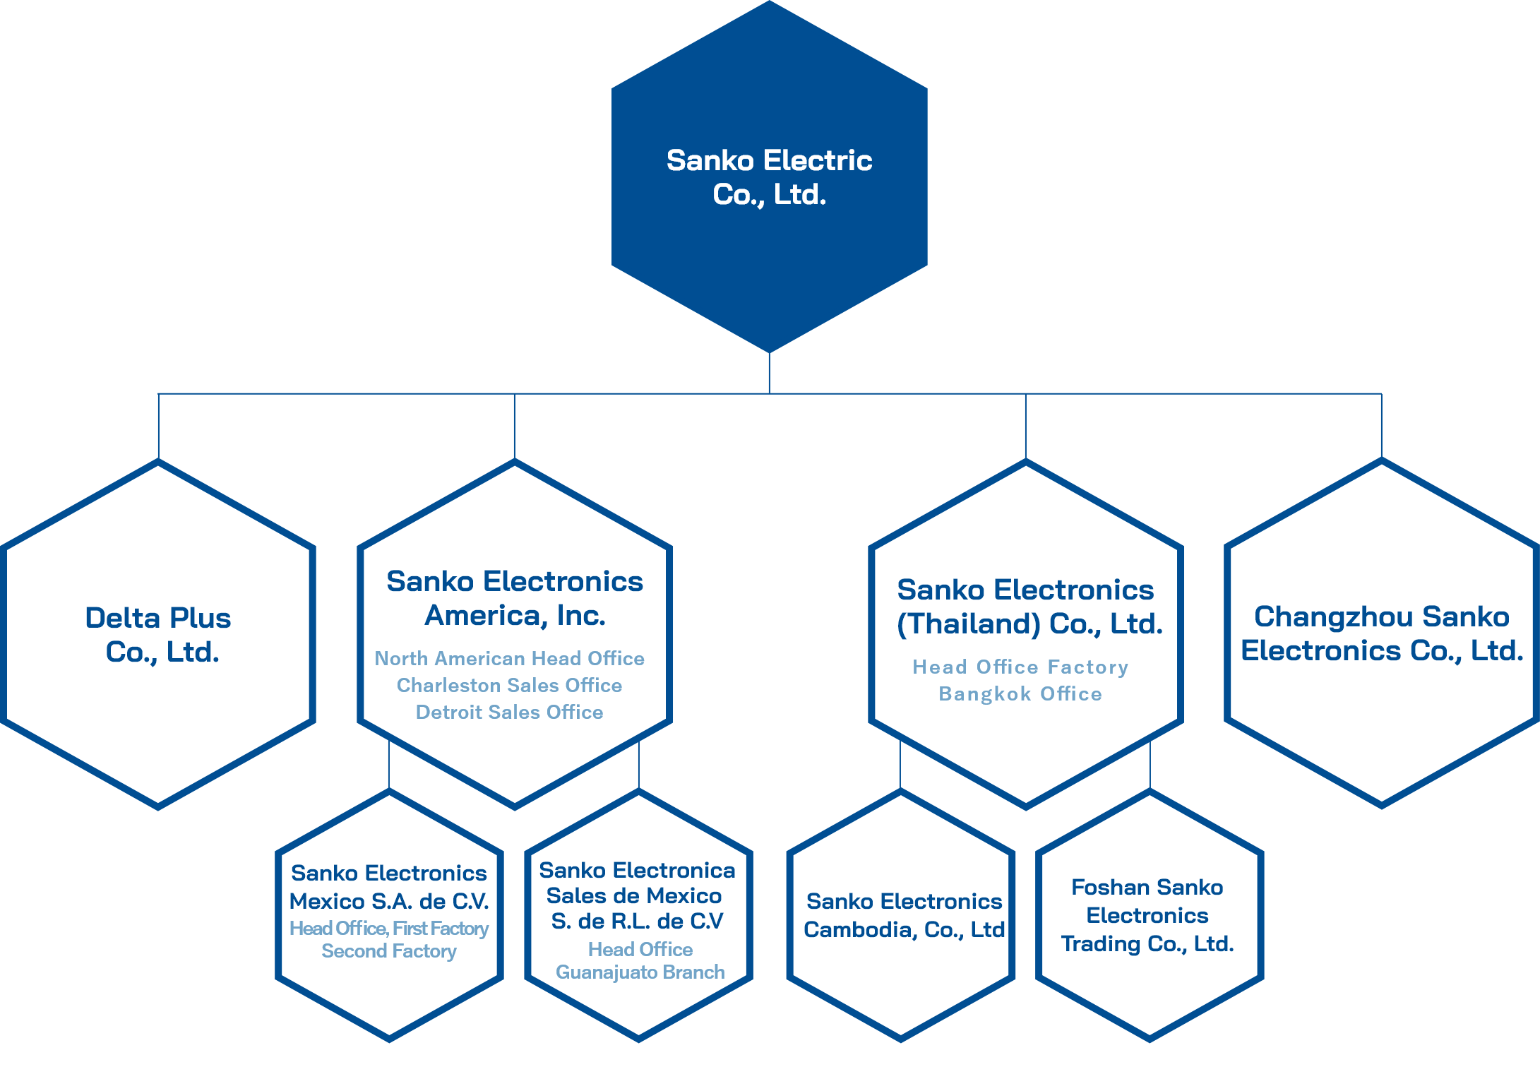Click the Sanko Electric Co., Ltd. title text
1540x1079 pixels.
769,177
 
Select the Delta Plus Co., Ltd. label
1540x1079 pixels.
158,635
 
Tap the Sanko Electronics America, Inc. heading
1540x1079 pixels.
515,598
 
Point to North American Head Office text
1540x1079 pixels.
509,658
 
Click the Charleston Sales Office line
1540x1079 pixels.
509,685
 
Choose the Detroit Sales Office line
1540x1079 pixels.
509,712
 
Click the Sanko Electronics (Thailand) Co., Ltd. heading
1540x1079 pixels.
1029,607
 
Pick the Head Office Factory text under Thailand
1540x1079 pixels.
1020,667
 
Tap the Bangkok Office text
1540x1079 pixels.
1020,693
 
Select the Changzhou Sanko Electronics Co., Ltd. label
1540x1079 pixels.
1382,633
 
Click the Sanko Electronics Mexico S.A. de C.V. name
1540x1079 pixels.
389,887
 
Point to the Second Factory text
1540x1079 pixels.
389,951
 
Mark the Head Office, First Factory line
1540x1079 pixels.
389,928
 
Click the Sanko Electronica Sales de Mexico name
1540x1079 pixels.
637,895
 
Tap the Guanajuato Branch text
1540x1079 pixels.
640,972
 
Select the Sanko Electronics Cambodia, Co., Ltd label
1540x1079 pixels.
904,915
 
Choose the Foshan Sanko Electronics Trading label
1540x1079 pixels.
1147,915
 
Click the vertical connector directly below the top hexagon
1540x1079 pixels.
769,373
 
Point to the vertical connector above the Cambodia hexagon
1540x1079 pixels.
900,766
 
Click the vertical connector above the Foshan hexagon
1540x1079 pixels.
1150,766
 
